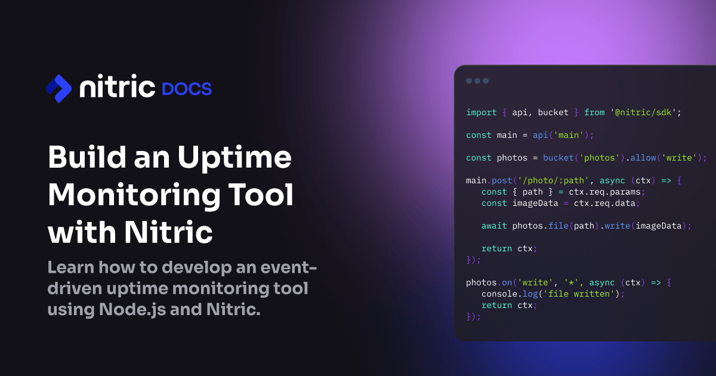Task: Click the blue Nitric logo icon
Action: click(58, 88)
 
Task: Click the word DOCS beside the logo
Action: click(187, 89)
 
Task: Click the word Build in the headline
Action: click(81, 158)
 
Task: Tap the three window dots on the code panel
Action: click(477, 81)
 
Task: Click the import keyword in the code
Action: click(481, 112)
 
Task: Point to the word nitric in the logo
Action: click(117, 88)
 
